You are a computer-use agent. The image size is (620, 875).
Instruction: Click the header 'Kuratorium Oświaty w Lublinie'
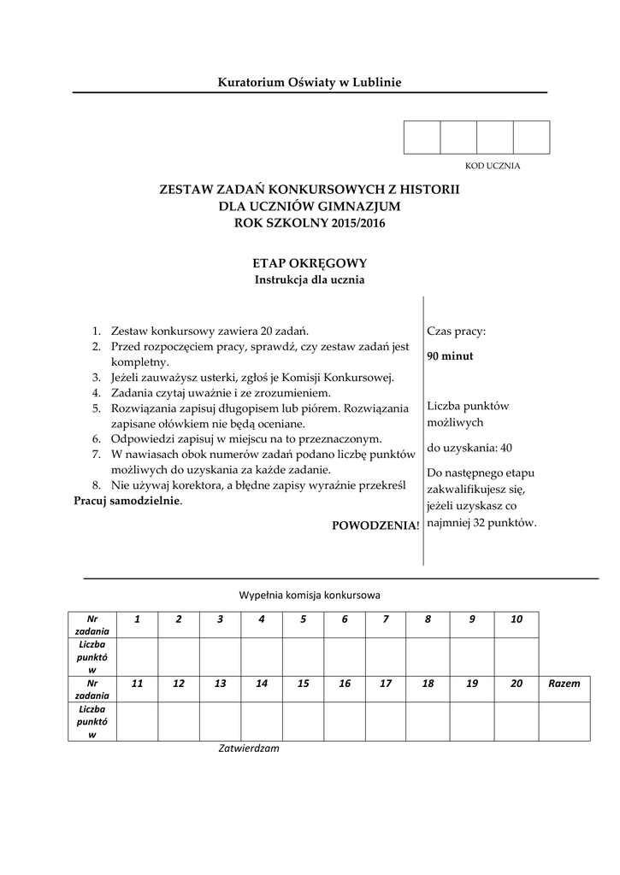coord(310,82)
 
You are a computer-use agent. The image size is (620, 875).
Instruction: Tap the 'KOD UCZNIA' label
coord(492,166)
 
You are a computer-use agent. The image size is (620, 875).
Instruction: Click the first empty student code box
coord(422,138)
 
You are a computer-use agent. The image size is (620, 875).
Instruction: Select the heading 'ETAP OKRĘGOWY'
coord(310,264)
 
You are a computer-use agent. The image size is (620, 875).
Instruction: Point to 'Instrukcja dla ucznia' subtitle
coord(310,279)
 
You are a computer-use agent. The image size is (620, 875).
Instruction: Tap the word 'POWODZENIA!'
coord(375,526)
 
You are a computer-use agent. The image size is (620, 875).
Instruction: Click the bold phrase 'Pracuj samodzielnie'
coord(127,501)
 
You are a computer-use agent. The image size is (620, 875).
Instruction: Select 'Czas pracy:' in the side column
coord(457,330)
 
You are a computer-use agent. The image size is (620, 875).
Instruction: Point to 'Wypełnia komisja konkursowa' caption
coord(310,594)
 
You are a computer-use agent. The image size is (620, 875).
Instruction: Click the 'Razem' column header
coord(565,684)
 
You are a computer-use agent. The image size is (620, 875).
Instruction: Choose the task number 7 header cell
coord(386,619)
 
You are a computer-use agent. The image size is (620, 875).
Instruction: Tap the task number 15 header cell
coord(303,684)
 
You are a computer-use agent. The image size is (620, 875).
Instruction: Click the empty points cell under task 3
coord(220,656)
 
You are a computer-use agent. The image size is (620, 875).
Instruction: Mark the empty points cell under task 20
coord(516,720)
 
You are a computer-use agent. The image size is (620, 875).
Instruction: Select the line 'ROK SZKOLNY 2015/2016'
coord(310,223)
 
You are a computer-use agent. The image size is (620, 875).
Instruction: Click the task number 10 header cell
coord(516,619)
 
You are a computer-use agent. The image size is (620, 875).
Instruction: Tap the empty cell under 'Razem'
coord(565,720)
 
